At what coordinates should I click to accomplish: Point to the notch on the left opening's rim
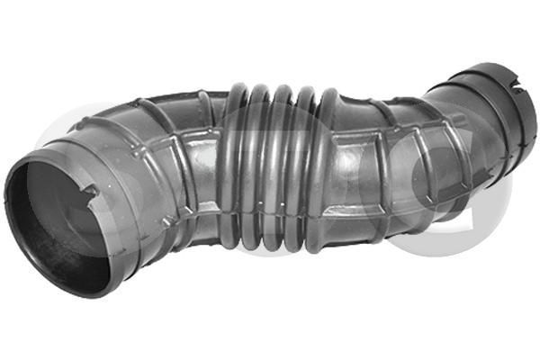pos(90,190)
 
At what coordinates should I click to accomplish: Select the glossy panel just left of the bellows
pos(202,171)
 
